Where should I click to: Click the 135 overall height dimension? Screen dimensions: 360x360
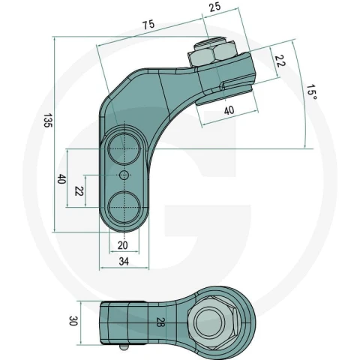pyautogui.click(x=47, y=121)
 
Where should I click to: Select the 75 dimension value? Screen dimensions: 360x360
pyautogui.click(x=148, y=25)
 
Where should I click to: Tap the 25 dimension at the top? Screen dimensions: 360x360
pyautogui.click(x=215, y=7)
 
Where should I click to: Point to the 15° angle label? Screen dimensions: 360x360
pyautogui.click(x=312, y=92)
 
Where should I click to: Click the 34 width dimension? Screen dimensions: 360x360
pyautogui.click(x=124, y=262)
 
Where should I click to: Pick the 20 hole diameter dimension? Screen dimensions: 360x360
pyautogui.click(x=123, y=245)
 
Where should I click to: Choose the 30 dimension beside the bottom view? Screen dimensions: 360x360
pyautogui.click(x=73, y=321)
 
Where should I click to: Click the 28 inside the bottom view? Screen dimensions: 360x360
pyautogui.click(x=160, y=322)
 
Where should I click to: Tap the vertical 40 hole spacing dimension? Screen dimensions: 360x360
pyautogui.click(x=61, y=179)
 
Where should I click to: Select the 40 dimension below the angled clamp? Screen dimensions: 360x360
pyautogui.click(x=229, y=110)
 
